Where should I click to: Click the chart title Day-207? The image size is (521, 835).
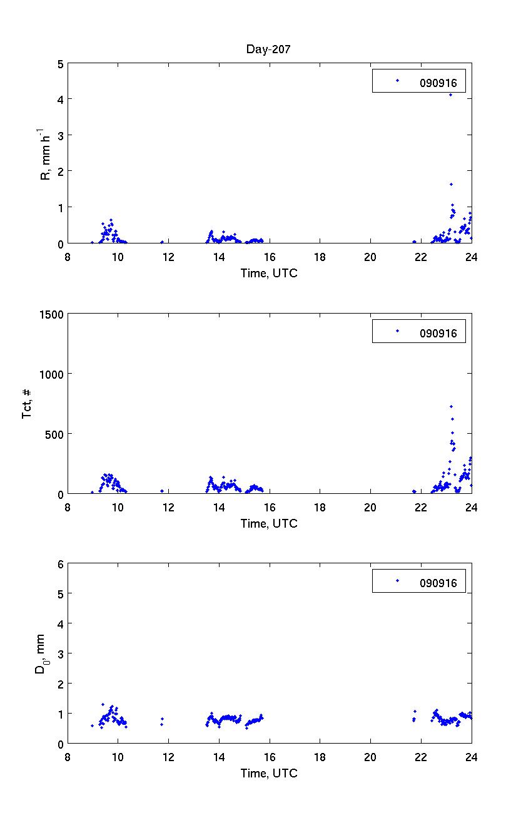tap(268, 50)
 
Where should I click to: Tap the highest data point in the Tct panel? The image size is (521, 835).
tap(451, 406)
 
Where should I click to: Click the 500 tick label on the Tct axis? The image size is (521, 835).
tap(54, 434)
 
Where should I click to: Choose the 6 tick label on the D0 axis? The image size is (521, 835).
tap(61, 564)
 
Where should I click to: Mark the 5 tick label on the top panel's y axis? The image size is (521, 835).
tap(61, 64)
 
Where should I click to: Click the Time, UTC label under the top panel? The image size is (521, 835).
tap(269, 273)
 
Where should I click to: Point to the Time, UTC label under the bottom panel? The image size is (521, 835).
tap(269, 774)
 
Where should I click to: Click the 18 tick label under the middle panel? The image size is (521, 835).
tap(320, 507)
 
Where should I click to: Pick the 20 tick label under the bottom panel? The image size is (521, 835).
tap(370, 757)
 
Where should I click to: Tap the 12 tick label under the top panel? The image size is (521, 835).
tap(168, 257)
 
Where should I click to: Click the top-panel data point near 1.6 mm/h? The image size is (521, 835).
tap(451, 184)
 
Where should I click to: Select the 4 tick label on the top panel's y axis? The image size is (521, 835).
tap(61, 100)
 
